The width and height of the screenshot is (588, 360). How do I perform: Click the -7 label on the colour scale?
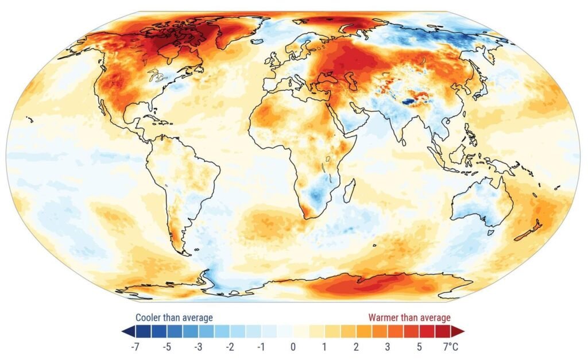click(x=136, y=347)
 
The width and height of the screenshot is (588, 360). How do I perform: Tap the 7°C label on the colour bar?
click(x=451, y=347)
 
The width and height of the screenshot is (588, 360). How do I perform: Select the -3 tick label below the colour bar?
click(x=198, y=347)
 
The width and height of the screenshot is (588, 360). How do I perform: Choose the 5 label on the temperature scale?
click(x=419, y=347)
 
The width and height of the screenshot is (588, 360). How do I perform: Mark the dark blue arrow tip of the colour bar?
click(x=125, y=331)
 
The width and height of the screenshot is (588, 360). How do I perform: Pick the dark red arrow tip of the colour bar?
click(x=461, y=331)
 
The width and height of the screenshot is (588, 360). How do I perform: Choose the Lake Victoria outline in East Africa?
click(x=329, y=159)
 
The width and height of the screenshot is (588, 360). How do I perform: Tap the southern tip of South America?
click(x=185, y=253)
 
